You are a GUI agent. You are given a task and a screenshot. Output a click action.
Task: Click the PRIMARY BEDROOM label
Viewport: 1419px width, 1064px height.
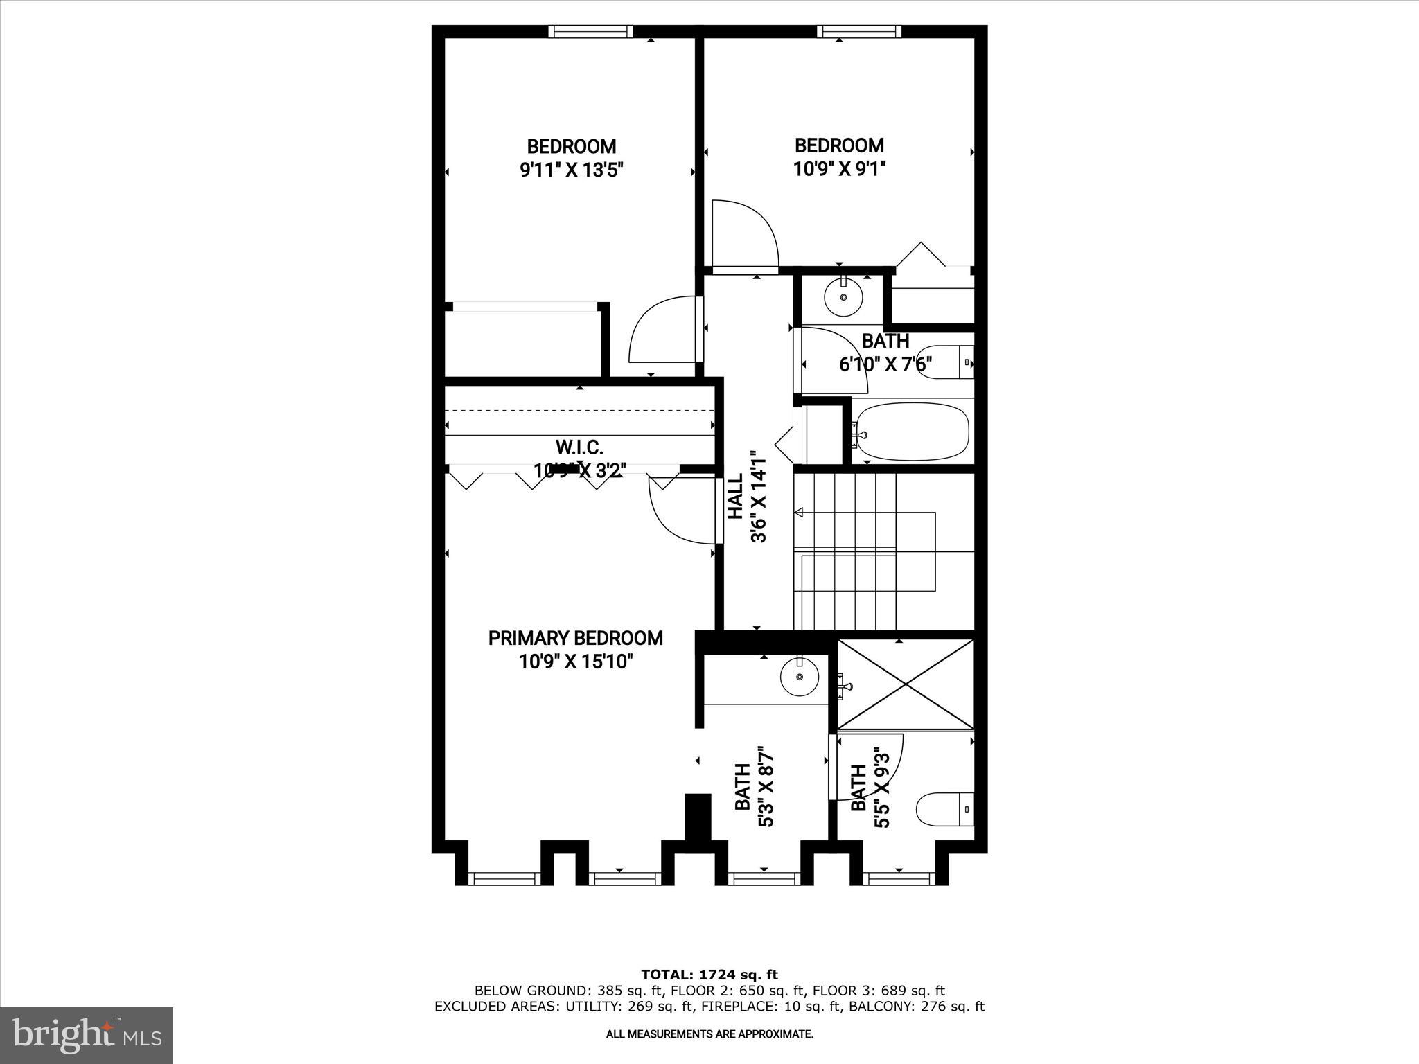tap(575, 638)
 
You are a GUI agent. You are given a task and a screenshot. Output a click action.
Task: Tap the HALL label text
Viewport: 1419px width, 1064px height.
tap(735, 496)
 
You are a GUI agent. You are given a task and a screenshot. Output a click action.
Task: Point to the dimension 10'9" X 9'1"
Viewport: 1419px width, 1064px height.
tap(839, 168)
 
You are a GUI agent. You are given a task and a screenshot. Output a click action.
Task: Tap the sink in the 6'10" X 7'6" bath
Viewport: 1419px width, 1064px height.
tap(843, 297)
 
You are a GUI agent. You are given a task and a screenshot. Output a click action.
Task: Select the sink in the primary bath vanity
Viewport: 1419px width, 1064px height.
tap(799, 676)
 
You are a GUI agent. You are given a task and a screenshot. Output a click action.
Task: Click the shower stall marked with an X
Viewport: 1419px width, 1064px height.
tap(906, 684)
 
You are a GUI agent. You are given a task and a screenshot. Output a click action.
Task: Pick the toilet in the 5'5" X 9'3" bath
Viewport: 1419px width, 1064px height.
tap(945, 808)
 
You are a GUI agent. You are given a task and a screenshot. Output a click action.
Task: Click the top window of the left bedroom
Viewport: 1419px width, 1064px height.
tap(590, 31)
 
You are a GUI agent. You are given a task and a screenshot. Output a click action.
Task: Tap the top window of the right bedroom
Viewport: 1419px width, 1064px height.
tap(859, 31)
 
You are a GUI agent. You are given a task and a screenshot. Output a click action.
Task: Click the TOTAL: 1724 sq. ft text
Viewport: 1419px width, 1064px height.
tap(709, 975)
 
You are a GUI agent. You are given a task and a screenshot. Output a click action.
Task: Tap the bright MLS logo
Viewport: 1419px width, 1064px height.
tap(87, 1035)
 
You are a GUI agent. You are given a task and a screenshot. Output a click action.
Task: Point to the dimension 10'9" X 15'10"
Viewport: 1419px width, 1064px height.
tap(576, 662)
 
